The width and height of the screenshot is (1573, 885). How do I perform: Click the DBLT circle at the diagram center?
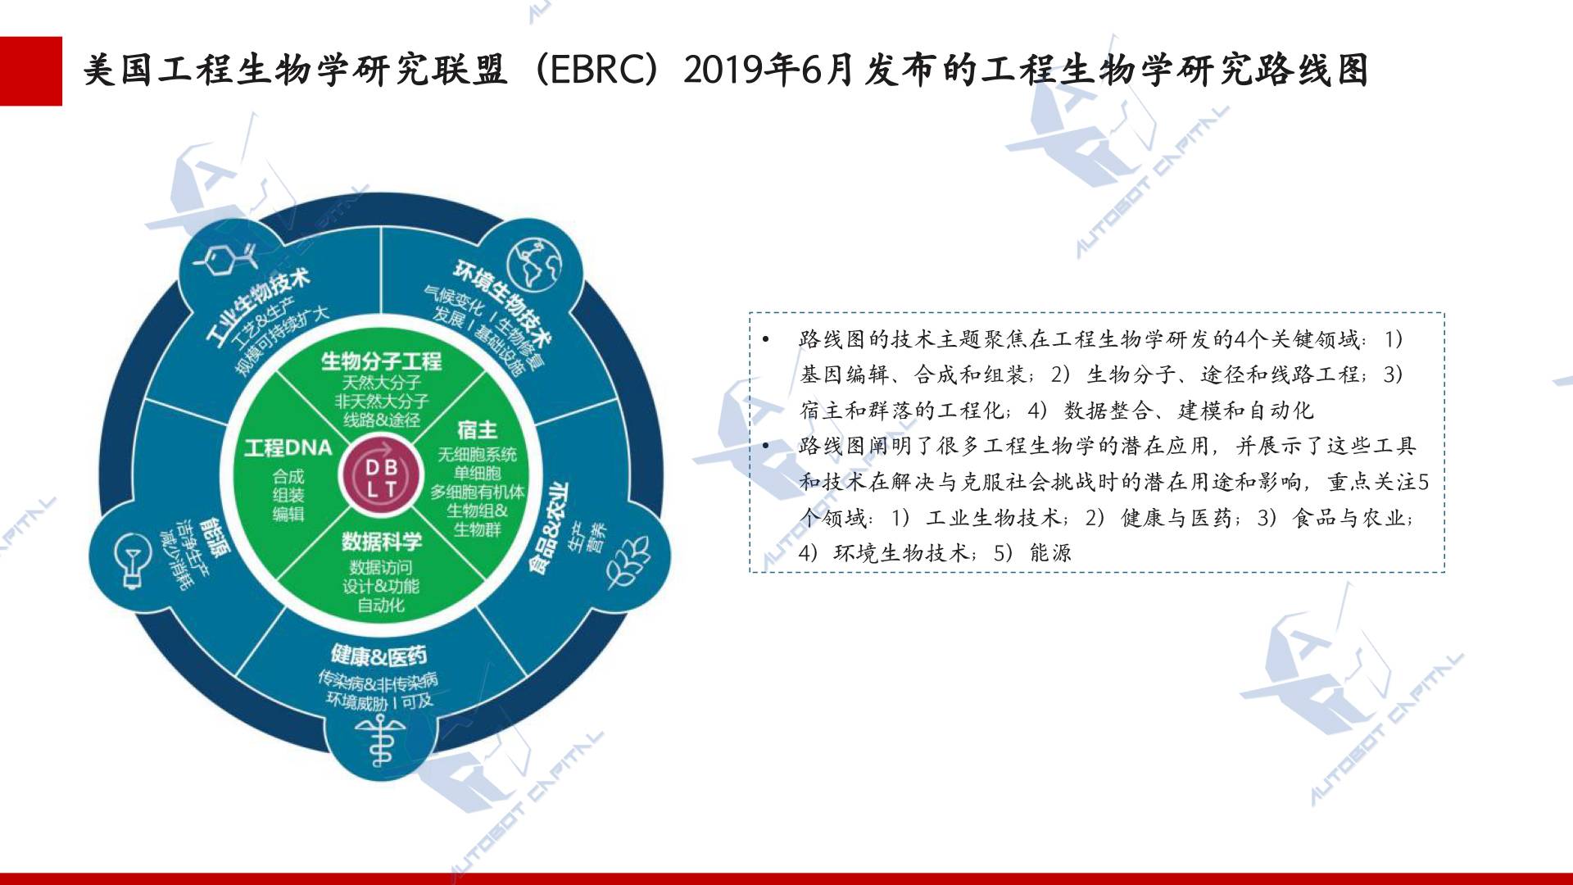tap(382, 479)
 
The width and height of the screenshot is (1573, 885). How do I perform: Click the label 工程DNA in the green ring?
tap(288, 448)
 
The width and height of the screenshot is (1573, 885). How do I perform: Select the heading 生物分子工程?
tap(381, 361)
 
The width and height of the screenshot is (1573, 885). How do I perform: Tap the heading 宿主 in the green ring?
tap(478, 429)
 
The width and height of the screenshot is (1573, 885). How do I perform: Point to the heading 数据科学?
tap(382, 541)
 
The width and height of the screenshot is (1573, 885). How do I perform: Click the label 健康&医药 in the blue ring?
tap(379, 655)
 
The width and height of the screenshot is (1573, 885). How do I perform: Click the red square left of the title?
tap(31, 71)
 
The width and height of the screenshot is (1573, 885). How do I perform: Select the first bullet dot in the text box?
tap(766, 339)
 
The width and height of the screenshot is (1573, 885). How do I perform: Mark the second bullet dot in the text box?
tap(766, 446)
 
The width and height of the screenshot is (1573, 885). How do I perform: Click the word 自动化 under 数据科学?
tap(381, 606)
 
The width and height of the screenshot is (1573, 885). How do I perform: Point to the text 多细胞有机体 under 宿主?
tap(478, 492)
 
